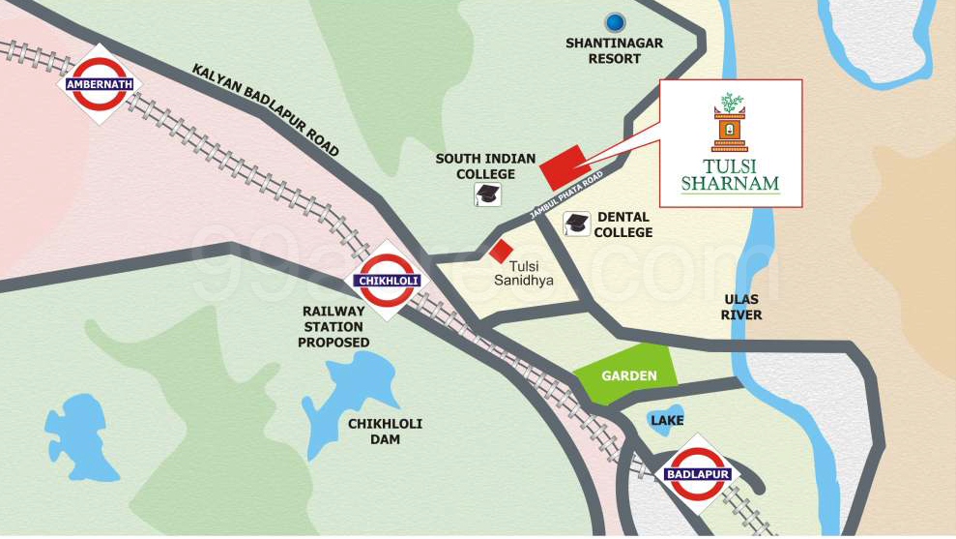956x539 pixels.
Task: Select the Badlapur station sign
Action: (698, 474)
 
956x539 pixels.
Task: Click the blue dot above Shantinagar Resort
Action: (614, 21)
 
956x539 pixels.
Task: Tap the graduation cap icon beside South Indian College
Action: (488, 195)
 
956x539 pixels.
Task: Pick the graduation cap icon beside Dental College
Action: (576, 224)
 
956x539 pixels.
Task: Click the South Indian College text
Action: (475, 166)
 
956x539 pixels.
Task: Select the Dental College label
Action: (623, 225)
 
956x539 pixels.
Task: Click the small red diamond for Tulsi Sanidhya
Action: (500, 251)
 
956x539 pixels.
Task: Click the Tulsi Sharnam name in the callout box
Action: (730, 175)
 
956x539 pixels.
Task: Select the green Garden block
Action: (625, 374)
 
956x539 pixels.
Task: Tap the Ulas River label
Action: (741, 307)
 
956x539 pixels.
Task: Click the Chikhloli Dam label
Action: (385, 432)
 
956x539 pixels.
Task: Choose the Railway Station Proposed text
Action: (334, 327)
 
